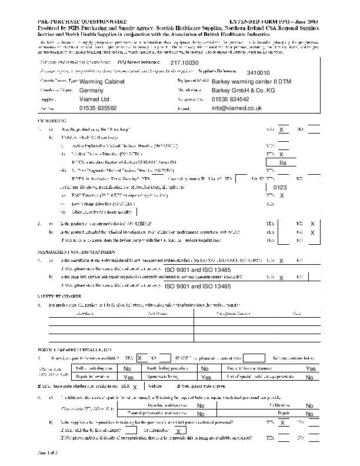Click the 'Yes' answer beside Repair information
click(129, 377)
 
